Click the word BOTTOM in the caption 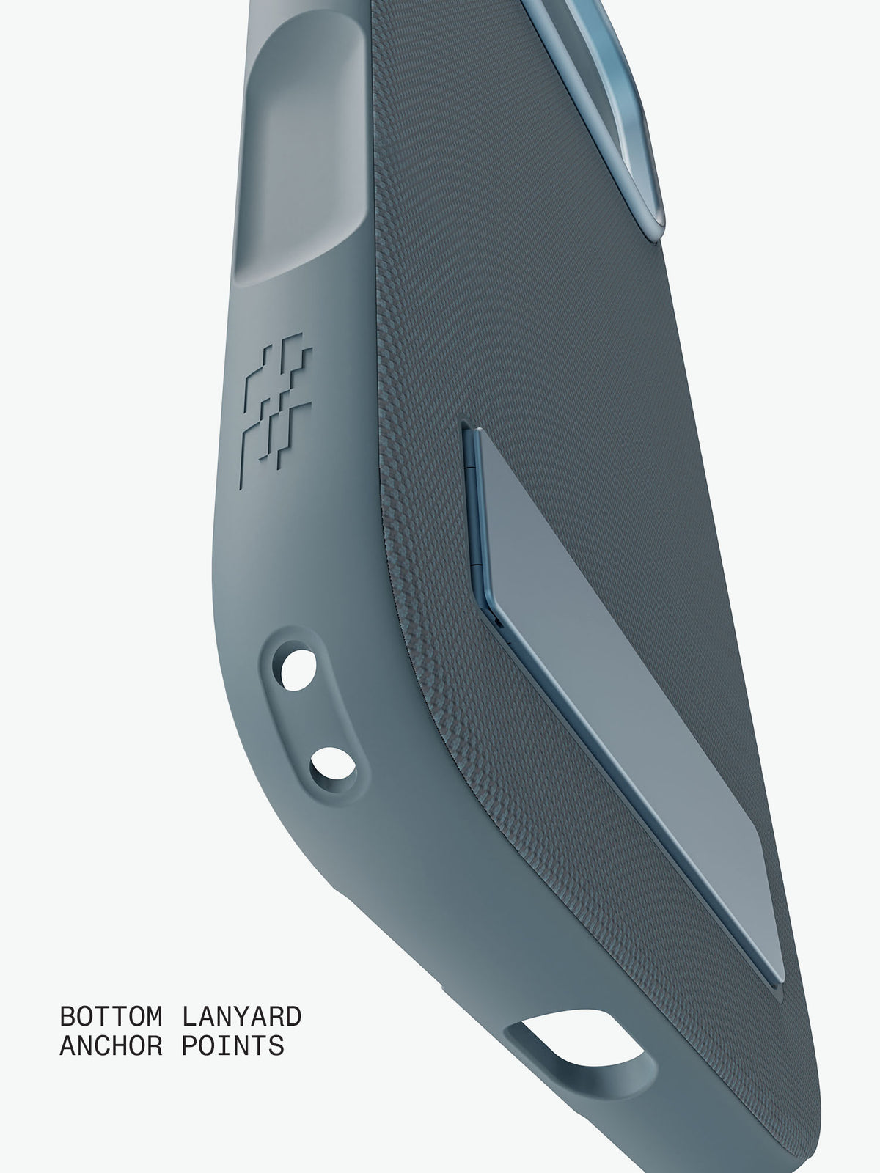point(111,1016)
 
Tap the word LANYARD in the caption point(241,1016)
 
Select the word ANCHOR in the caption point(111,1046)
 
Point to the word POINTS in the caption point(232,1046)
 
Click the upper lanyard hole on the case point(296,670)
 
